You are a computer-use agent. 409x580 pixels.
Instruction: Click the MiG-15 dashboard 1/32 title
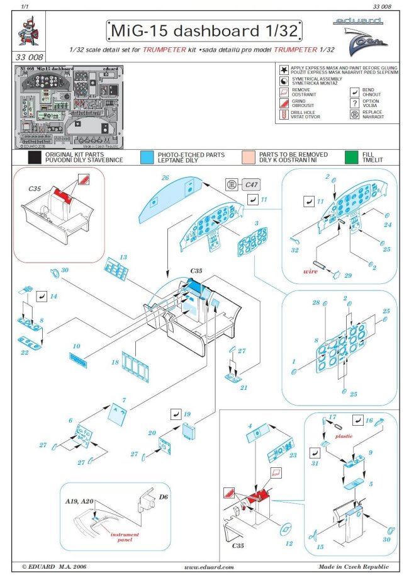(x=203, y=30)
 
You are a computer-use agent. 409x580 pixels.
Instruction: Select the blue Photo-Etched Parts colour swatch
(x=147, y=157)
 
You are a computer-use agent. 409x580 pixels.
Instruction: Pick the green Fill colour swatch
(x=350, y=157)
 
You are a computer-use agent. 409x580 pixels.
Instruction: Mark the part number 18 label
(x=115, y=363)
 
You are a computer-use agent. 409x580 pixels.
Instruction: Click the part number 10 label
(x=77, y=346)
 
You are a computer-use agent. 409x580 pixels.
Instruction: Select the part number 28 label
(x=317, y=303)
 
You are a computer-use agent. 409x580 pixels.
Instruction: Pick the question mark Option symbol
(x=356, y=103)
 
